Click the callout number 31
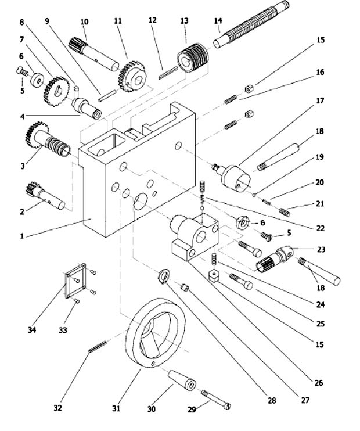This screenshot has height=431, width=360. [116, 409]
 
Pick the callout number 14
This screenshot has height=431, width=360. [218, 21]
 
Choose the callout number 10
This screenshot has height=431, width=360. [84, 21]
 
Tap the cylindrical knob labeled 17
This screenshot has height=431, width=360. [237, 176]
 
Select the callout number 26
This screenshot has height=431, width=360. [319, 383]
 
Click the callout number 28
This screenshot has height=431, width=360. [272, 401]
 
